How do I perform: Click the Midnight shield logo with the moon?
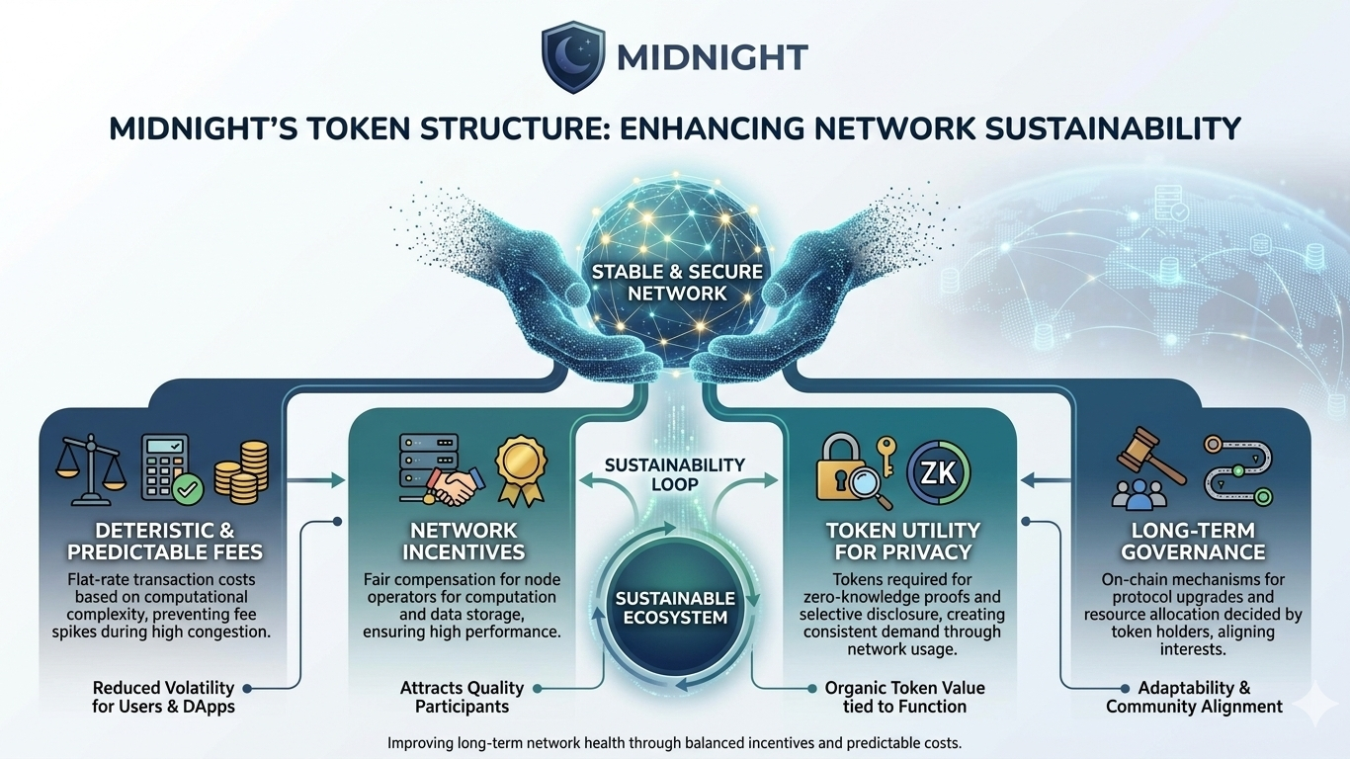coord(573,57)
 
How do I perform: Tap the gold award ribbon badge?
coord(521,470)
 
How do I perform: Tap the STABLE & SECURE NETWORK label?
coord(677,282)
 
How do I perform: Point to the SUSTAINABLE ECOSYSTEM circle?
coord(675,608)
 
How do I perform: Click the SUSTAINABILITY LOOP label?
coord(675,474)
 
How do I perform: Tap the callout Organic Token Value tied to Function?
coord(904,697)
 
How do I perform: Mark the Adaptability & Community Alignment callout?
coord(1194,697)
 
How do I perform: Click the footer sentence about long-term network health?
coord(674,742)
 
